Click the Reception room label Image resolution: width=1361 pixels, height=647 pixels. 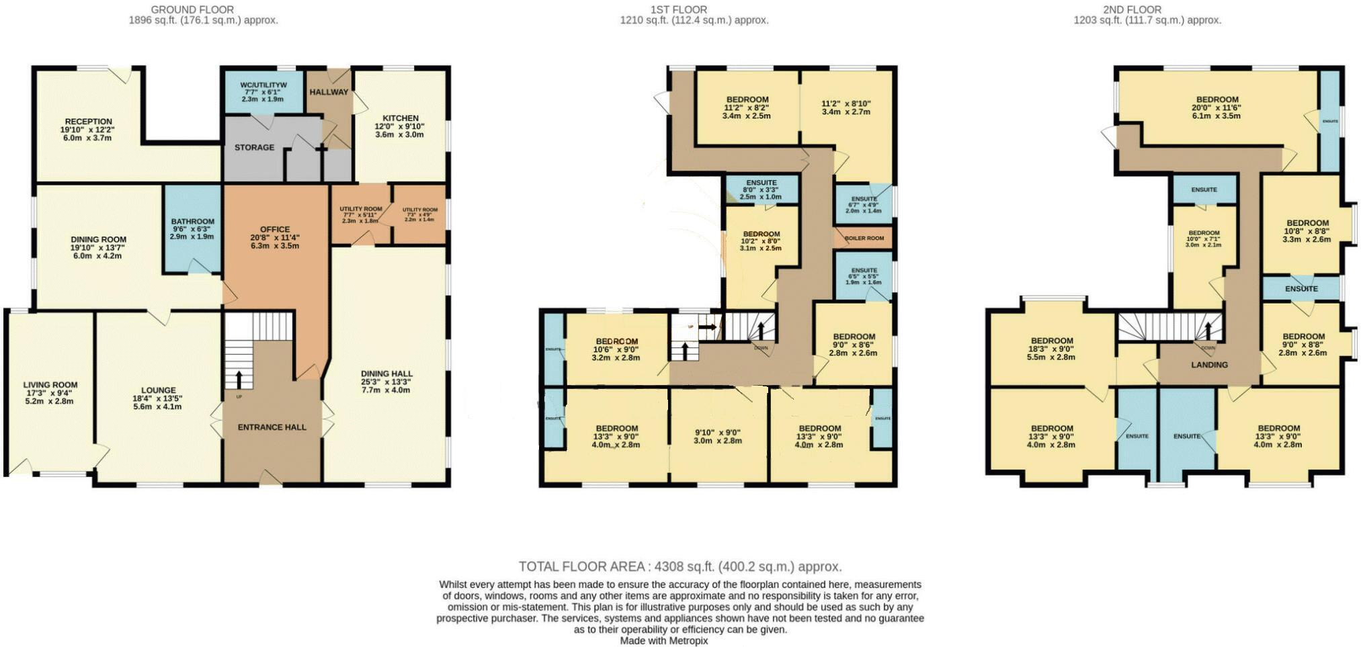pos(88,122)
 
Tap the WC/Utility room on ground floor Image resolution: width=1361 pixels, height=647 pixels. pos(263,85)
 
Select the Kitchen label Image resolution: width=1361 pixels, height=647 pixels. pos(400,118)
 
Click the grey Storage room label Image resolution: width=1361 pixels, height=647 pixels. pos(254,147)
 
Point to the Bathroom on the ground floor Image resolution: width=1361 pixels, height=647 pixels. pos(192,222)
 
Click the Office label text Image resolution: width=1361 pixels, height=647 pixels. pos(275,230)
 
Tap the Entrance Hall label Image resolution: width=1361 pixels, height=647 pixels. pos(272,427)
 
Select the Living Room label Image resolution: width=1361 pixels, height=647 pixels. pos(50,385)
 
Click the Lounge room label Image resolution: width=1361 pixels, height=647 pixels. pos(158,390)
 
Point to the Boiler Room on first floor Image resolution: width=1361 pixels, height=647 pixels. pos(864,239)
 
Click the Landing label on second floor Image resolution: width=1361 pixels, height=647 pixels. pos(1209,365)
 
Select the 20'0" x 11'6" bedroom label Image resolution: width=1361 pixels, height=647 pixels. pos(1217,107)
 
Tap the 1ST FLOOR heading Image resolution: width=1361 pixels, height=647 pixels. pos(678,9)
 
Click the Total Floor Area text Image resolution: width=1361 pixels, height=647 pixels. pos(679,566)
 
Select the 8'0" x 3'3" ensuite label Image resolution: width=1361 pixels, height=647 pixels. pos(761,190)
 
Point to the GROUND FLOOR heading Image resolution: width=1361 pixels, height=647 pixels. pos(192,9)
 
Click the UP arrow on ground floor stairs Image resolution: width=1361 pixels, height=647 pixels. pos(238,378)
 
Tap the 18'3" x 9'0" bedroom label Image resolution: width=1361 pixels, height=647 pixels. pos(1052,349)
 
